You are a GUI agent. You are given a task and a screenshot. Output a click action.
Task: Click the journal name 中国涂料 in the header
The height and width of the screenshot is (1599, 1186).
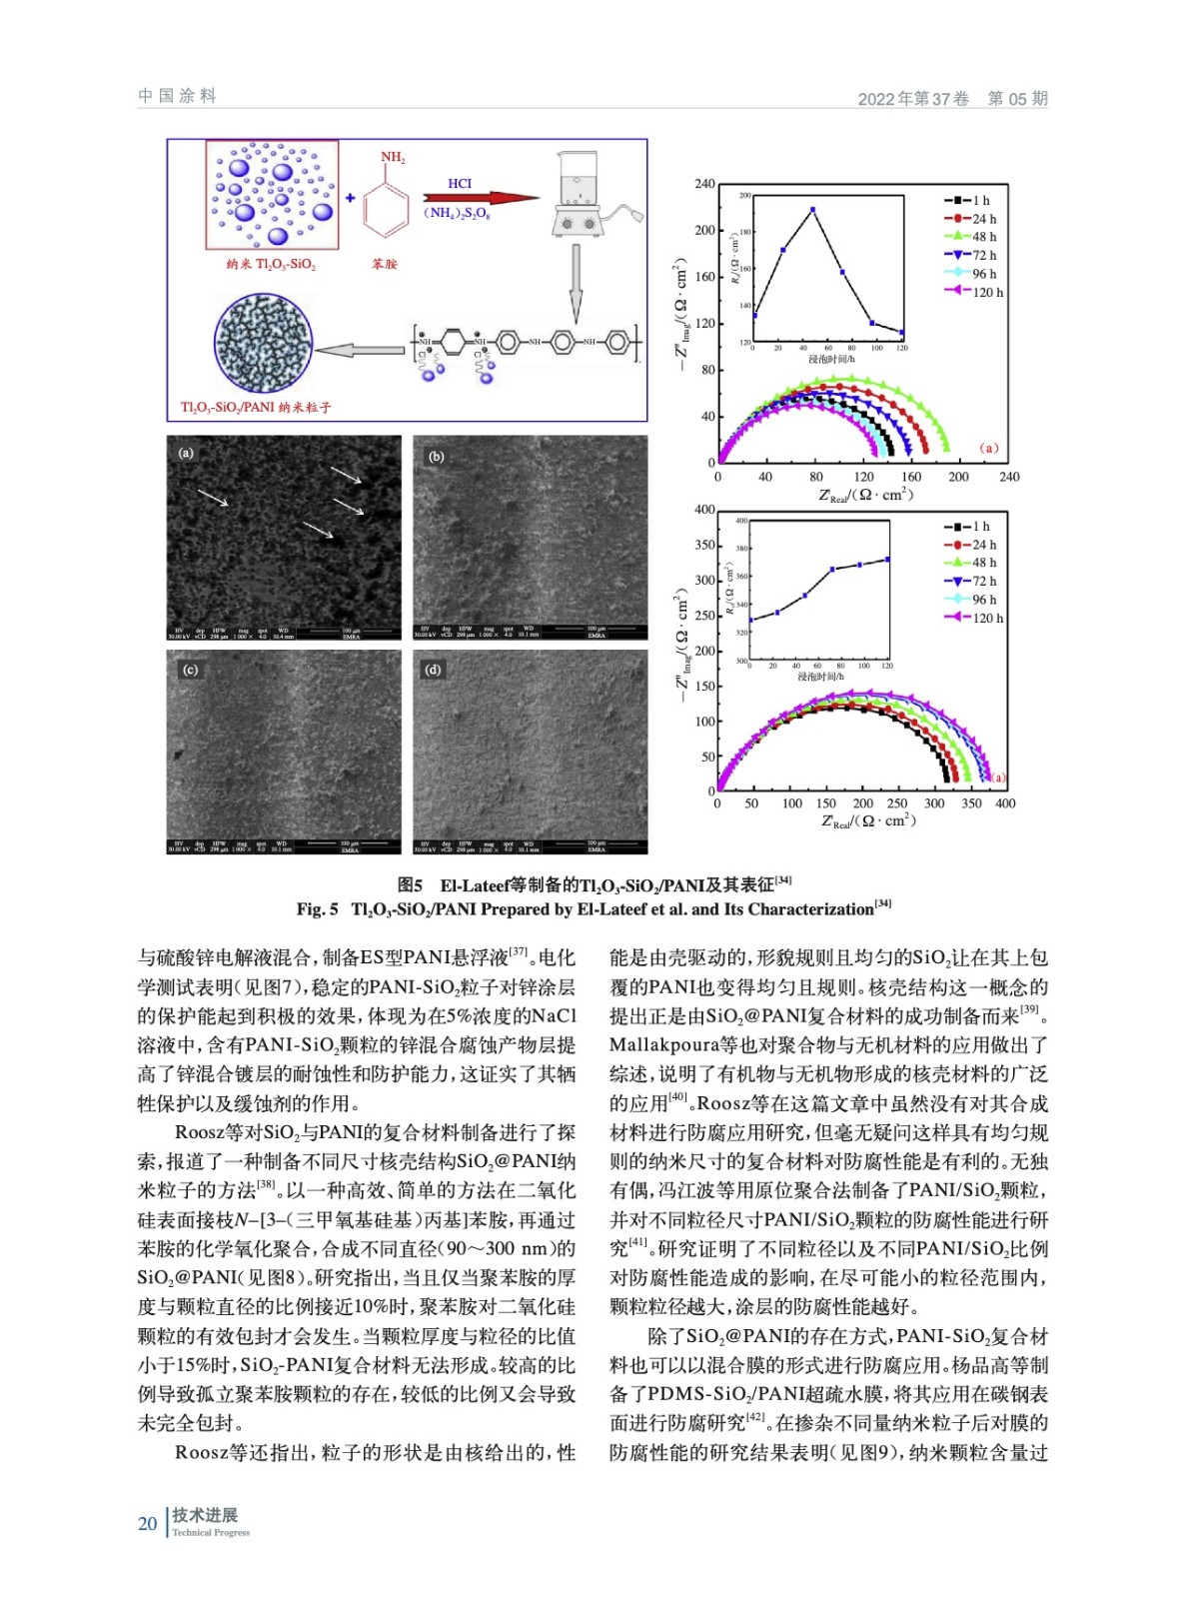point(177,96)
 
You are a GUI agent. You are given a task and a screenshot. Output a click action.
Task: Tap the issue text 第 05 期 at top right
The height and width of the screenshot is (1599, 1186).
point(1017,98)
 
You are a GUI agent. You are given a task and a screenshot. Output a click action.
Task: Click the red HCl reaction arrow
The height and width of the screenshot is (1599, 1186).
point(480,198)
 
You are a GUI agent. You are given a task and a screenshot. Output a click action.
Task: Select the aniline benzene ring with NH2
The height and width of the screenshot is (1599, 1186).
point(386,206)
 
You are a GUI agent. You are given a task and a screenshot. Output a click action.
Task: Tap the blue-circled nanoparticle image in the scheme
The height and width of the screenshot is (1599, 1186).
point(263,343)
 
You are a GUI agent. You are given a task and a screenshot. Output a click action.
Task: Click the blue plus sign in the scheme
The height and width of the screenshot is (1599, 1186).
point(351,198)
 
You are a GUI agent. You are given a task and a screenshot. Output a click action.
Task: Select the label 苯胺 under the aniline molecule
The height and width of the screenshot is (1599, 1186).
point(385,264)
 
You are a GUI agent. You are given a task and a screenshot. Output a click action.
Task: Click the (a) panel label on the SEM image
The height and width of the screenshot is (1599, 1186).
point(187,453)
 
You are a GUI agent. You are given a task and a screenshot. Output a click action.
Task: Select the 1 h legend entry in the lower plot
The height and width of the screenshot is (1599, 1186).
point(968,527)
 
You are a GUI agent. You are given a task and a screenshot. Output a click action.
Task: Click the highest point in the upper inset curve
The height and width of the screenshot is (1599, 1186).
point(813,210)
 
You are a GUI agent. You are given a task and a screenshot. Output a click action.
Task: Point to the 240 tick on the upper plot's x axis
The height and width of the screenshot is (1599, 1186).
point(1009,477)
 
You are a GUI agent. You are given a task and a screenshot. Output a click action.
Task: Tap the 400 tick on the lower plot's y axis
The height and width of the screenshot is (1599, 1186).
point(704,510)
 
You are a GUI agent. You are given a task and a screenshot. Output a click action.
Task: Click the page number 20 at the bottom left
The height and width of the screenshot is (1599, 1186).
point(148,1523)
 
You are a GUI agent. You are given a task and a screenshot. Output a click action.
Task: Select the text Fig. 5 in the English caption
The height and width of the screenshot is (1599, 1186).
point(317,909)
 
